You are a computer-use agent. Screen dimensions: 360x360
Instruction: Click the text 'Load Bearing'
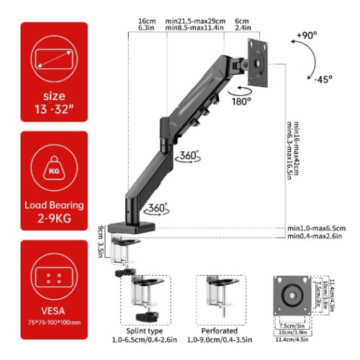(53, 204)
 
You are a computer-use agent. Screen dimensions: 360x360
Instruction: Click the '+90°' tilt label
(306, 35)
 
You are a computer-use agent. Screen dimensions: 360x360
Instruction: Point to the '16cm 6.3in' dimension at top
(147, 25)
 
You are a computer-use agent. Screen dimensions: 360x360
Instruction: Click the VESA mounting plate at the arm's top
(258, 60)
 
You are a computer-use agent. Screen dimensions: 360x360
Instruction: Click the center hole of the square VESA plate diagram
(294, 294)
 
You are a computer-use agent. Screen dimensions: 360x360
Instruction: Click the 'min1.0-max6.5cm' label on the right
(316, 228)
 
